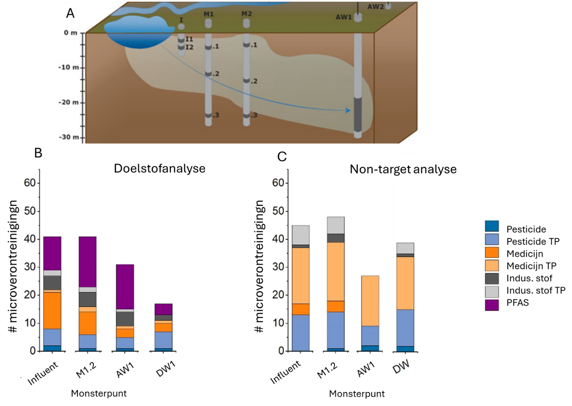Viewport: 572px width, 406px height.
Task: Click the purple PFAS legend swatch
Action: click(491, 305)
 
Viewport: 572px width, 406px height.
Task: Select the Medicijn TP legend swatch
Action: click(491, 265)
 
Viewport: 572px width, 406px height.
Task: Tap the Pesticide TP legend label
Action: click(533, 241)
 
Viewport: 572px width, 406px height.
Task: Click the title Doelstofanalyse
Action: click(160, 169)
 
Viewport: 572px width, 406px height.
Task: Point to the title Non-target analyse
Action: click(403, 169)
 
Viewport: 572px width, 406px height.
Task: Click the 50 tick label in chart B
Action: click(30, 212)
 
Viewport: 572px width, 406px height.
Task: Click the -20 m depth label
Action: click(69, 102)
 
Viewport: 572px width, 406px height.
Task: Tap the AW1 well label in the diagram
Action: click(344, 17)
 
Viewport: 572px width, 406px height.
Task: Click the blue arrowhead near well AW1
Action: click(348, 110)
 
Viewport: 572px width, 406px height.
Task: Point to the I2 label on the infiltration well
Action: click(189, 47)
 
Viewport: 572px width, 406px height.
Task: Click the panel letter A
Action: click(70, 13)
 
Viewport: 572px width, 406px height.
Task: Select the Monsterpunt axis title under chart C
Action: click(357, 394)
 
